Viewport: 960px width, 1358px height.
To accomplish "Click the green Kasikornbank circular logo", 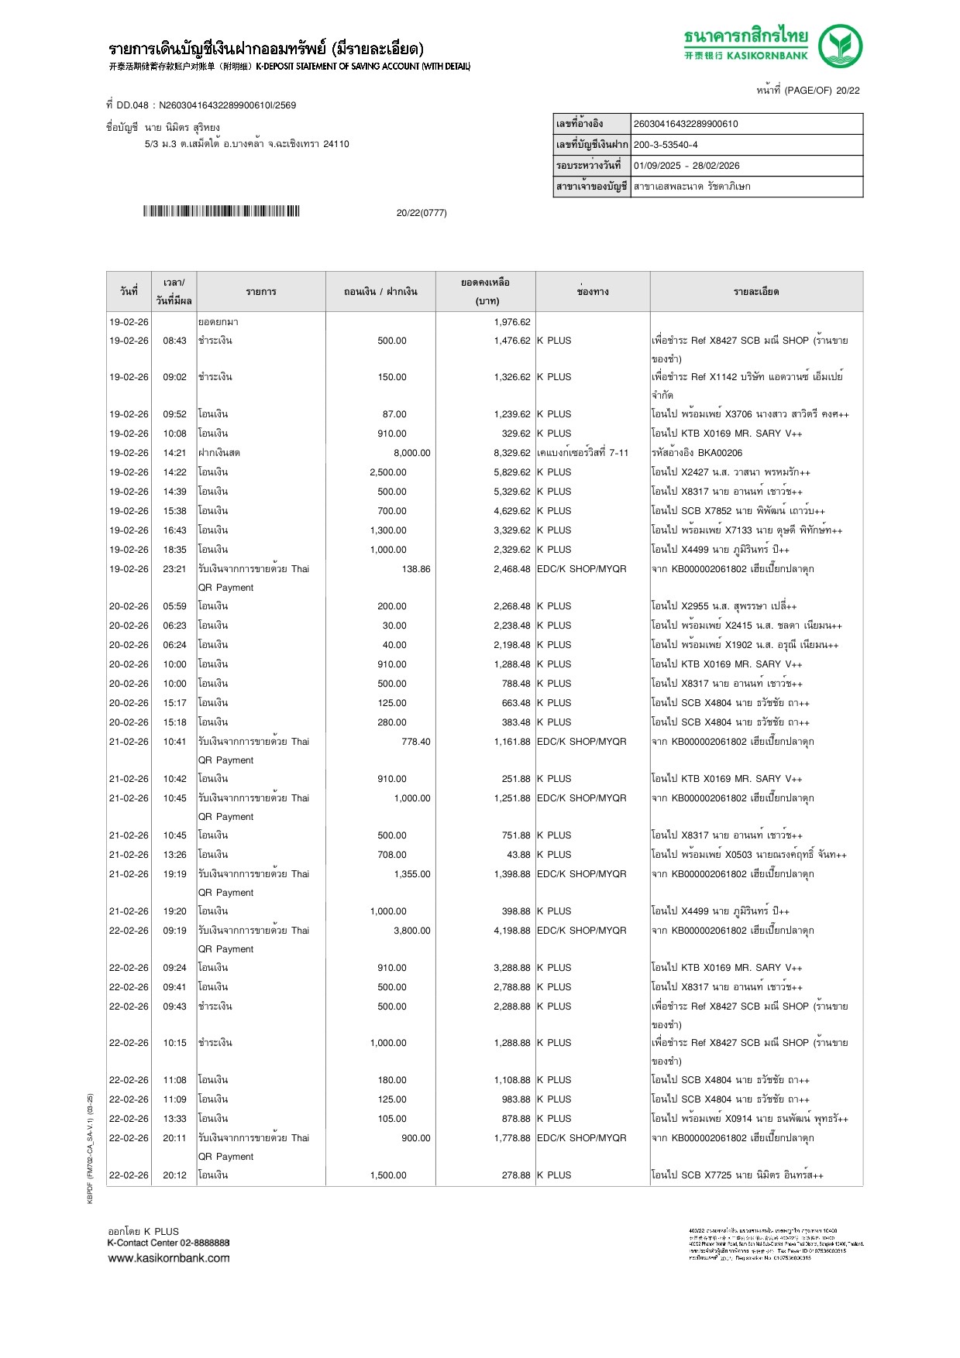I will pos(840,46).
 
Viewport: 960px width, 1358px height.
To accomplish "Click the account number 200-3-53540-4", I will pos(666,145).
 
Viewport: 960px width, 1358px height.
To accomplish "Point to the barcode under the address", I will pos(221,211).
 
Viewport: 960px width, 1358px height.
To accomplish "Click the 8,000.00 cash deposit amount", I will pos(411,453).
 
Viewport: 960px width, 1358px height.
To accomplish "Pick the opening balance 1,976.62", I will pos(512,322).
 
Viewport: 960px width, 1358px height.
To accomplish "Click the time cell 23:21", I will pos(174,569).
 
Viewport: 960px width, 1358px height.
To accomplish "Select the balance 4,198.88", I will pos(512,931).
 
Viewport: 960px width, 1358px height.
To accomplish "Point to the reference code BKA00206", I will pos(720,453).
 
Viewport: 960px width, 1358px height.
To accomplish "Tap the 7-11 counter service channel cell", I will pos(583,453).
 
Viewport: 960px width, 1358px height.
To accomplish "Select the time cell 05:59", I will pos(174,606).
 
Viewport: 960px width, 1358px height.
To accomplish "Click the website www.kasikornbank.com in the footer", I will pos(169,1258).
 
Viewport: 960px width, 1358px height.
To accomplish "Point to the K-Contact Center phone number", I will pos(205,1243).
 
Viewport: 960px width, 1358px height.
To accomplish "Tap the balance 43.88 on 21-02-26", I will pos(518,855).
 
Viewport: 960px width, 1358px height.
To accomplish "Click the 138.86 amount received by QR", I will pos(415,569).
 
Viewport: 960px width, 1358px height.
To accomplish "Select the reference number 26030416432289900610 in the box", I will pos(686,124).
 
